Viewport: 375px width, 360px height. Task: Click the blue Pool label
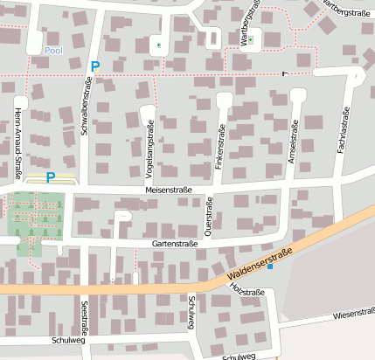click(x=53, y=51)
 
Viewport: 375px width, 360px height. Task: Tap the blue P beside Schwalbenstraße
click(x=95, y=66)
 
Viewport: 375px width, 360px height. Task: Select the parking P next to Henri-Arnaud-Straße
click(x=50, y=177)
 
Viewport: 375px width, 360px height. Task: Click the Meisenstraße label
click(x=169, y=190)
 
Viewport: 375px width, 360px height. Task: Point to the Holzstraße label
click(x=245, y=288)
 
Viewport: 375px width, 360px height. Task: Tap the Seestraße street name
click(x=85, y=318)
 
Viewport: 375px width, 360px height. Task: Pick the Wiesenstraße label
click(x=353, y=312)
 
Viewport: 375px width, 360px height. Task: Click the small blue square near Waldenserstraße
click(x=270, y=267)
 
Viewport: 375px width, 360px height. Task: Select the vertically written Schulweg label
click(x=191, y=313)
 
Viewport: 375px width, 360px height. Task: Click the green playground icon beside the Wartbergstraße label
click(x=250, y=39)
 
